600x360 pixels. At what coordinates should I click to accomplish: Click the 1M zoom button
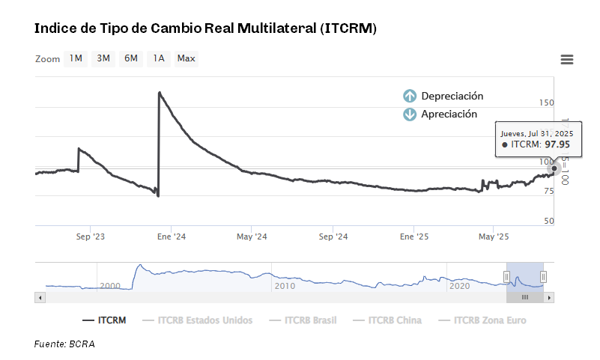[76, 58]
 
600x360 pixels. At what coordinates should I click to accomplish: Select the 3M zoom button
[103, 58]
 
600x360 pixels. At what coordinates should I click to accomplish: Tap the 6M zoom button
[131, 58]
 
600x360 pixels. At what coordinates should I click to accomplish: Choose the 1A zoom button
[158, 58]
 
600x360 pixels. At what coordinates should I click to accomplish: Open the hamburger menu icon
[566, 60]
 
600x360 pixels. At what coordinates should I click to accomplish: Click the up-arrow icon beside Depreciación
[410, 96]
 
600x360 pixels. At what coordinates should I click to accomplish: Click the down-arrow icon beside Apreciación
[410, 115]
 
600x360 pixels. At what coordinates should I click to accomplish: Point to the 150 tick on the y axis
[547, 103]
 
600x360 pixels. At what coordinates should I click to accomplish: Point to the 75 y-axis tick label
[548, 192]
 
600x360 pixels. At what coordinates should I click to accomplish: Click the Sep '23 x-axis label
[91, 237]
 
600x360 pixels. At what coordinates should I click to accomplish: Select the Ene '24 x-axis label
[171, 237]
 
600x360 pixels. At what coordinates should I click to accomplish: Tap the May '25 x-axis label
[493, 237]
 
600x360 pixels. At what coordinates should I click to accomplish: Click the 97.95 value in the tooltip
[557, 144]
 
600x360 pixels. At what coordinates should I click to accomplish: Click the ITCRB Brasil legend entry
[311, 320]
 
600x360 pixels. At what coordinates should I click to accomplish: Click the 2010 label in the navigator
[285, 286]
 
